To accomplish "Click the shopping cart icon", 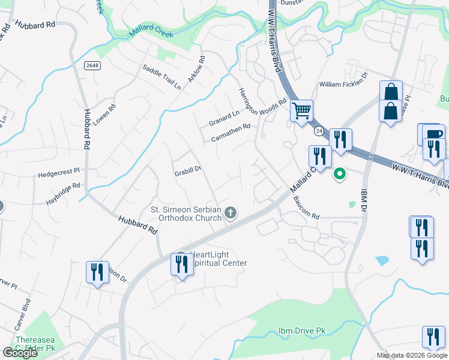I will [301, 110].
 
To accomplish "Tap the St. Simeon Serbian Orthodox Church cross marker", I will [231, 212].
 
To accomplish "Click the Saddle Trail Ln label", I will [161, 77].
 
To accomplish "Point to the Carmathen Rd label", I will [231, 133].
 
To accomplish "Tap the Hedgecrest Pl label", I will [59, 174].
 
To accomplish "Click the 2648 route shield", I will [92, 65].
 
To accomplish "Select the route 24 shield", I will [318, 130].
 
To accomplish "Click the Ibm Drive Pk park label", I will [302, 331].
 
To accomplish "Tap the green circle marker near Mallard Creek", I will [340, 174].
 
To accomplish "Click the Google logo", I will [20, 352].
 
